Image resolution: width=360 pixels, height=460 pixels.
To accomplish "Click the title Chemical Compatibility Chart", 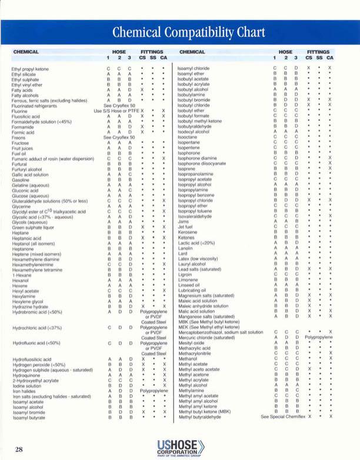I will (179, 30).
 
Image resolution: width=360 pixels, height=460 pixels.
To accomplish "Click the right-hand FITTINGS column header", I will (319, 52).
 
